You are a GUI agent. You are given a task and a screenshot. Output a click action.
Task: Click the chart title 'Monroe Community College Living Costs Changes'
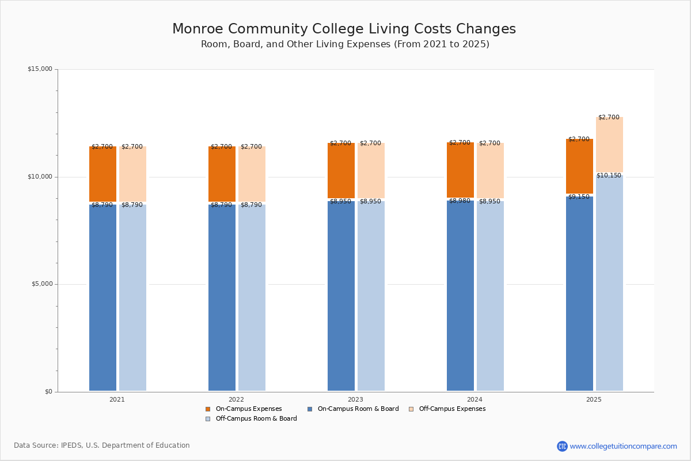(344, 29)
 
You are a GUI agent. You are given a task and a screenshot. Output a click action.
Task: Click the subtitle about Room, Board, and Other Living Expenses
(345, 44)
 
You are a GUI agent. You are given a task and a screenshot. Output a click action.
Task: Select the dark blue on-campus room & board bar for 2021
(102, 300)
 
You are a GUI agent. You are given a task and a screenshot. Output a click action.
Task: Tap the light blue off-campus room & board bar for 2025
(609, 288)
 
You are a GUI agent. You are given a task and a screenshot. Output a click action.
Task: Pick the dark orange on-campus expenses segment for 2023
(341, 171)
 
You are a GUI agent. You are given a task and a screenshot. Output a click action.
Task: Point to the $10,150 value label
(609, 176)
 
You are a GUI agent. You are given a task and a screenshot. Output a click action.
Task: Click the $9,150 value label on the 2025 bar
(579, 197)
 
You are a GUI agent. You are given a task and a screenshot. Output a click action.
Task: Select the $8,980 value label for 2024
(460, 201)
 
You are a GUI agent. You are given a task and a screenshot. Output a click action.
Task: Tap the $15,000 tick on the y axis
(40, 69)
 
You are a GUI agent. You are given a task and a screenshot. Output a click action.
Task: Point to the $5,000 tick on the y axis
(41, 284)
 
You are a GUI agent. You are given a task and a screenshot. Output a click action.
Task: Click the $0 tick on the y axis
(48, 392)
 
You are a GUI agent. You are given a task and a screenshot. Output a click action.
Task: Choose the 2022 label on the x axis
(236, 399)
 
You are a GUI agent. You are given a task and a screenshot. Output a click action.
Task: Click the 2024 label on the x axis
(474, 399)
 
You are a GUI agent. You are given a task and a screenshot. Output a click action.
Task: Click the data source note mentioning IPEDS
(102, 445)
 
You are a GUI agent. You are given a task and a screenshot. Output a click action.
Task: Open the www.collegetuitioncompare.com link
(622, 446)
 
